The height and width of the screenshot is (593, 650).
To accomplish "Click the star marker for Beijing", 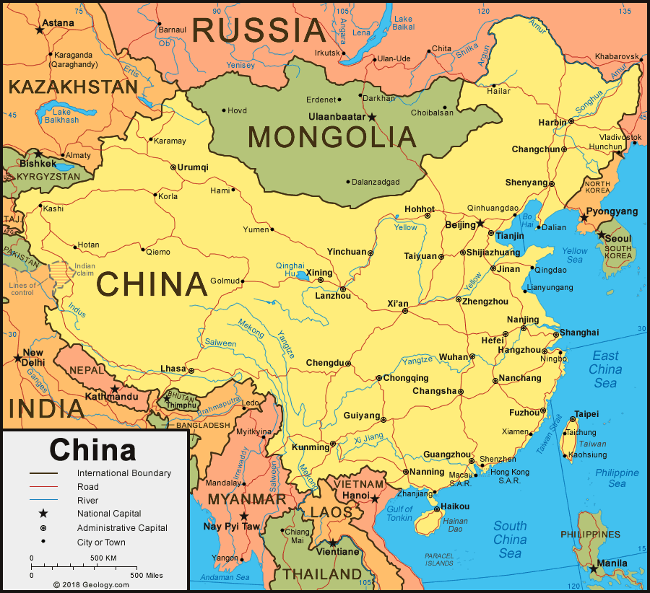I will click(481, 224).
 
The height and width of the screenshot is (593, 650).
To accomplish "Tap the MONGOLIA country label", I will click(331, 136).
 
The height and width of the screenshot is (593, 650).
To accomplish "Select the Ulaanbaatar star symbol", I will click(373, 117).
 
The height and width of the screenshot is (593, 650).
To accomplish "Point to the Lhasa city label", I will click(173, 369).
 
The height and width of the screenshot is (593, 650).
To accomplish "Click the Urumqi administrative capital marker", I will click(173, 167).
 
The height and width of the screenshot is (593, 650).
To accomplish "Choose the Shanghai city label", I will click(579, 333).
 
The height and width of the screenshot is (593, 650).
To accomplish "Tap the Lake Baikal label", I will click(404, 23).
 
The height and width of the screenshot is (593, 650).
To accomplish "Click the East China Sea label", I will click(605, 369).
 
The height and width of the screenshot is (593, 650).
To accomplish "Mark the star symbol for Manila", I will click(594, 569).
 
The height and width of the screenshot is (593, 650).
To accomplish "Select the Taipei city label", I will click(586, 415).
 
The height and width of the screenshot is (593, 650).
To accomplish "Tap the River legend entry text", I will click(87, 500).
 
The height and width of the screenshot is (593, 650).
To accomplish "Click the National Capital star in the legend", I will click(43, 514).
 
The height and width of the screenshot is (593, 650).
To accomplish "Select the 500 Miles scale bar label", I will click(147, 575).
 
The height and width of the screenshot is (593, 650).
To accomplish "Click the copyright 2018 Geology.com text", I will click(90, 585).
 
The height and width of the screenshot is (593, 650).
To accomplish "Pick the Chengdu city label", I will click(325, 363).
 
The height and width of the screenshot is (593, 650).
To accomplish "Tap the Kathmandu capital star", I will click(114, 389).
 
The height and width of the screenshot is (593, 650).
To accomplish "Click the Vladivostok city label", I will click(620, 137).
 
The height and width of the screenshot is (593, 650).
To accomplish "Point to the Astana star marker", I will click(39, 30).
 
